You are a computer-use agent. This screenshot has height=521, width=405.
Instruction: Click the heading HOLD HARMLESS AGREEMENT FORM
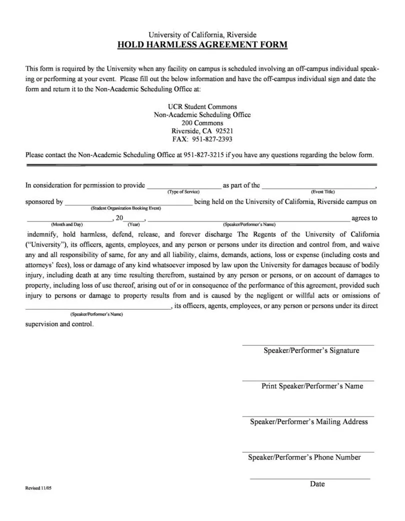click(202, 45)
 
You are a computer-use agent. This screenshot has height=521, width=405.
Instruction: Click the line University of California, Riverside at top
click(202, 35)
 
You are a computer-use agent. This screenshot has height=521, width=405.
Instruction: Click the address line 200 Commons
click(202, 123)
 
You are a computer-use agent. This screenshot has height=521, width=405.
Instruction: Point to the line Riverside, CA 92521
click(202, 131)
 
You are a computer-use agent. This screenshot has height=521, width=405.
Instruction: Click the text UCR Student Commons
click(202, 107)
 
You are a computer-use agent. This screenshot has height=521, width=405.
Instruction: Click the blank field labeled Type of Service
click(183, 186)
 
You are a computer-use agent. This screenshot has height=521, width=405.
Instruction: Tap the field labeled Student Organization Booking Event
click(128, 202)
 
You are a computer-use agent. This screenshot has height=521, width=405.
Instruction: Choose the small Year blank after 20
click(133, 218)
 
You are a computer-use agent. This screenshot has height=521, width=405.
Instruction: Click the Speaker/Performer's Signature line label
click(311, 350)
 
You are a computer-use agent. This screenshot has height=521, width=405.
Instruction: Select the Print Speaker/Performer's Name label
click(312, 386)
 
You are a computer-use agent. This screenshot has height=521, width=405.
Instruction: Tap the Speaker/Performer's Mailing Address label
click(309, 421)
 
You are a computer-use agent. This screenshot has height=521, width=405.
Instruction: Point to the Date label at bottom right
click(317, 484)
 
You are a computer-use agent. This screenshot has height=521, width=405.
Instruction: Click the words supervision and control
click(59, 324)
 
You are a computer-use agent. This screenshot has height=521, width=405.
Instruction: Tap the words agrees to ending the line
click(364, 218)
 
